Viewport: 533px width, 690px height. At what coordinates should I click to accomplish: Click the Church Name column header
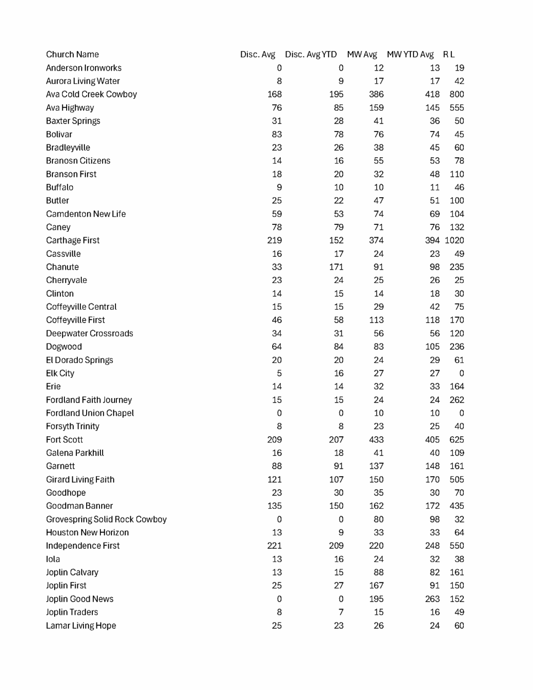(x=72, y=54)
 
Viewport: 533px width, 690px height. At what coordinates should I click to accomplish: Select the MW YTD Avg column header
(x=410, y=54)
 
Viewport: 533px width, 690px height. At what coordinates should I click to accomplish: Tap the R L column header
(x=449, y=54)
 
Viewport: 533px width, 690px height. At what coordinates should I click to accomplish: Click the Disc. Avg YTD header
(x=311, y=54)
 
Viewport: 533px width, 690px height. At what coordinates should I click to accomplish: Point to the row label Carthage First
(x=73, y=240)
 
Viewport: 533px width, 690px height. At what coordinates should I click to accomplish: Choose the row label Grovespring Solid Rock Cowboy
(x=106, y=519)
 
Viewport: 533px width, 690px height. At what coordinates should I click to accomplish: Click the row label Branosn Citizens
(x=78, y=161)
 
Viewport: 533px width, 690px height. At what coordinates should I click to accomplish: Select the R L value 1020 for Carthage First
(x=454, y=240)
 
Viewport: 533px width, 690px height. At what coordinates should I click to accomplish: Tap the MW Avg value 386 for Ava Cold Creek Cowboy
(x=376, y=94)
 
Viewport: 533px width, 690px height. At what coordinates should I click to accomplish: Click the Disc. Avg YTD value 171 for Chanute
(x=336, y=267)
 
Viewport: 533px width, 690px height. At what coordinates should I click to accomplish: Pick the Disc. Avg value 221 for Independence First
(x=274, y=546)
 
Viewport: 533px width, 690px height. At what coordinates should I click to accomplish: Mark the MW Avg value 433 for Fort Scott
(x=376, y=439)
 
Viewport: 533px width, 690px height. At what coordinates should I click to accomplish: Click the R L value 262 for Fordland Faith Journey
(x=457, y=400)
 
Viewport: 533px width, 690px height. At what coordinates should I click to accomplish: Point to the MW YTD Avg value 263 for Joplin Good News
(x=432, y=599)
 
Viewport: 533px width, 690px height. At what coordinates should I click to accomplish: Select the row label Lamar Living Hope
(x=81, y=626)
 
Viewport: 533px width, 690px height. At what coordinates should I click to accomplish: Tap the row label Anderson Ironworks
(x=84, y=68)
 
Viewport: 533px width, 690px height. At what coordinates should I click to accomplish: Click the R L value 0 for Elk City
(x=461, y=373)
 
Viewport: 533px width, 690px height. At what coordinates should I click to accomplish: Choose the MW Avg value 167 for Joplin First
(x=376, y=586)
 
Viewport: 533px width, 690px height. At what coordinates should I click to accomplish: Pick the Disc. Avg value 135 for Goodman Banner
(x=274, y=506)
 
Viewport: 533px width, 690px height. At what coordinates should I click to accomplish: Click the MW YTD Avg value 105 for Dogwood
(x=432, y=347)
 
